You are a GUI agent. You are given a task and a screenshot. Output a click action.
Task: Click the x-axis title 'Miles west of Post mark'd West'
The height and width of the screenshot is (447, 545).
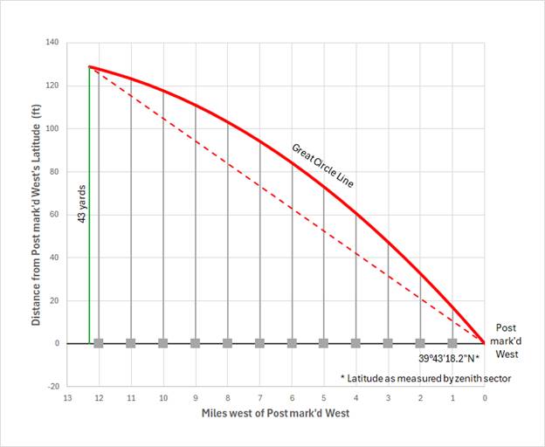[275, 413]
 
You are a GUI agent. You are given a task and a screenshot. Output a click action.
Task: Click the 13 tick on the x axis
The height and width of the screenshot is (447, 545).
[66, 398]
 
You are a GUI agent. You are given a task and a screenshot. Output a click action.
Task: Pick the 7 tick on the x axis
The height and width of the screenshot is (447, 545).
[259, 398]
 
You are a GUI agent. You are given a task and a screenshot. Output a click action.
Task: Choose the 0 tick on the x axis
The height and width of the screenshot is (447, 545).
[485, 398]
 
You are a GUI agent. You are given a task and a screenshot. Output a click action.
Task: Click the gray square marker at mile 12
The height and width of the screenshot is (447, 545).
[99, 343]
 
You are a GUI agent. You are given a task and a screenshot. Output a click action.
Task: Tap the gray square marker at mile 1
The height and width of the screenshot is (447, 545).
[452, 343]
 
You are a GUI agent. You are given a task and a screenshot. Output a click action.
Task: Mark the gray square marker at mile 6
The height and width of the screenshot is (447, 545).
[292, 343]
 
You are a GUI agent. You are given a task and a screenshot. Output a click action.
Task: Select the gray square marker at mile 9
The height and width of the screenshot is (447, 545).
[195, 343]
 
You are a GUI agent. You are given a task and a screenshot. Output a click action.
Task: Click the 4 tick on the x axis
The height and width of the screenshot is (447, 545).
[356, 398]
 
